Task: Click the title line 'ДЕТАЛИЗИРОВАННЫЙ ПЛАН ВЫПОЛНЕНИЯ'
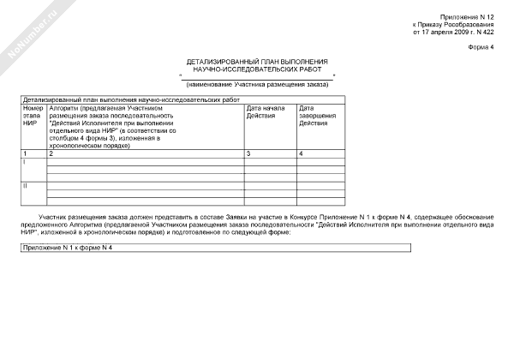(257, 62)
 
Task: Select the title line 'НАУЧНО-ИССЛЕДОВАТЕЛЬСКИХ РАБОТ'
(257, 69)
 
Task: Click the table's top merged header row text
(133, 100)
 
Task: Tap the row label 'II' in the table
(25, 184)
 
